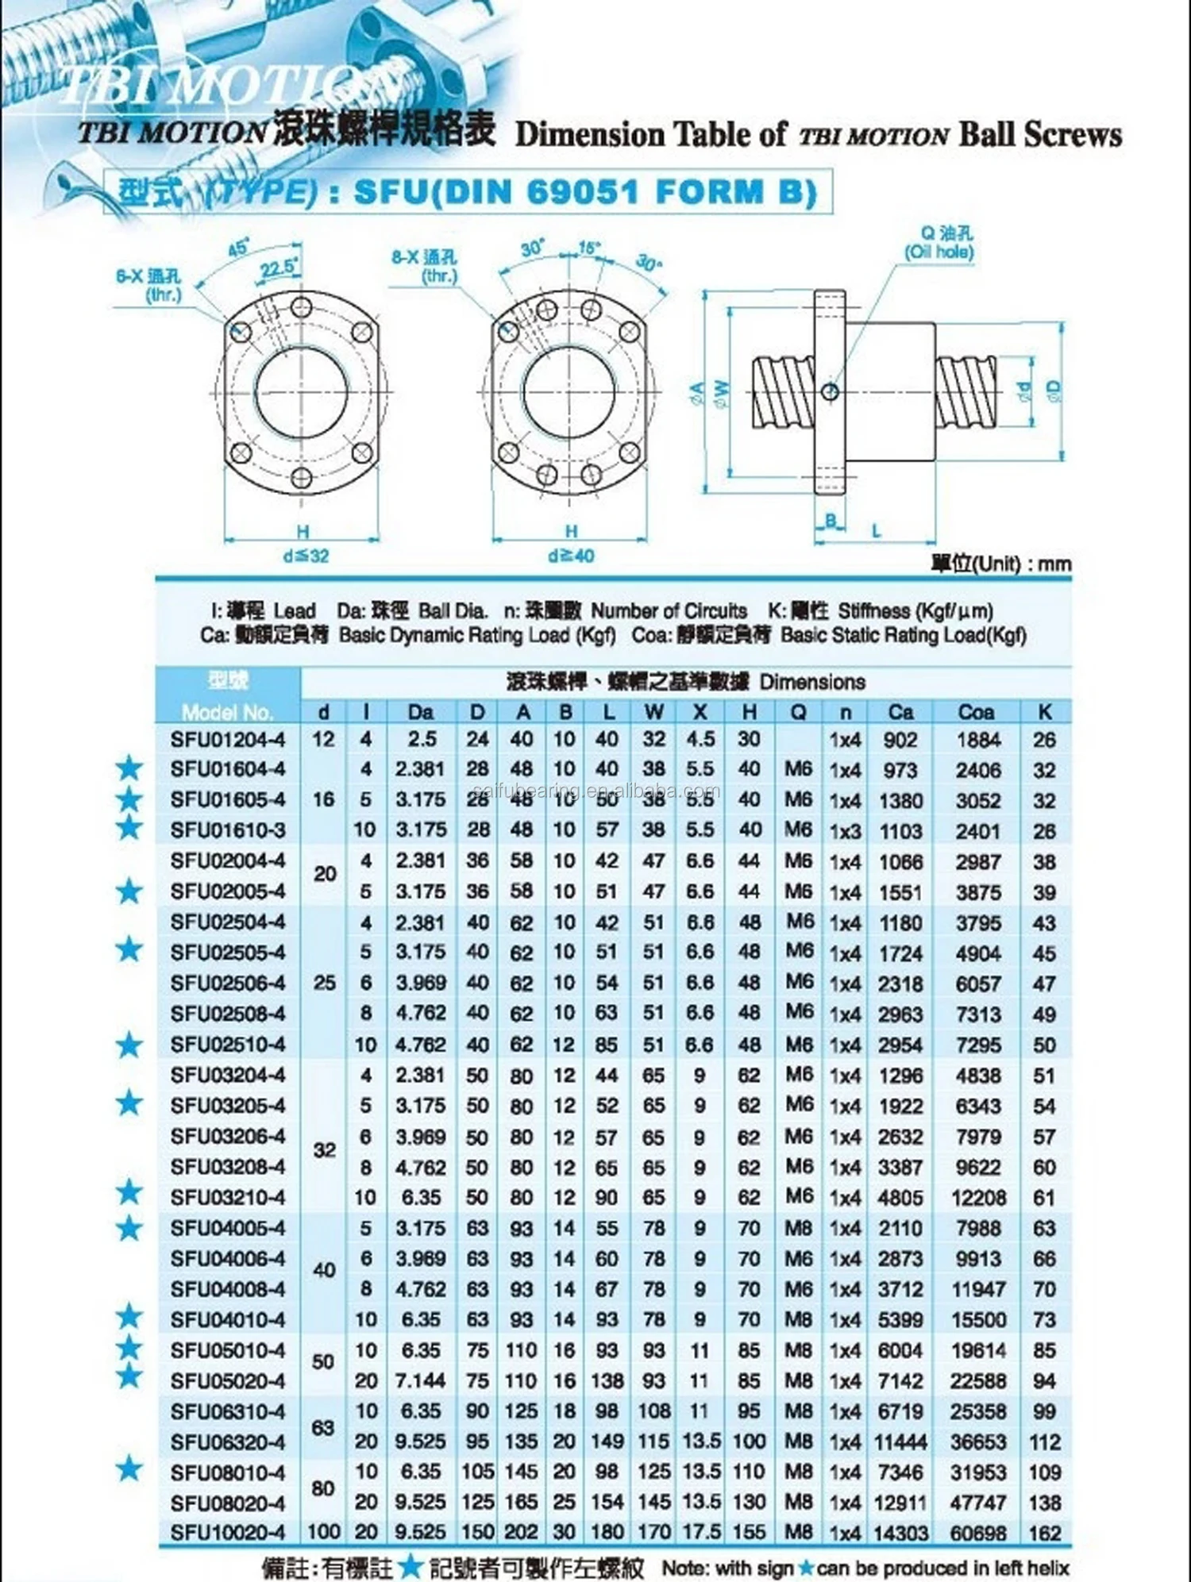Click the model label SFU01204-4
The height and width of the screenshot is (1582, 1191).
(x=227, y=740)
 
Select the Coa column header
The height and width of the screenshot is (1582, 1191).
(x=976, y=711)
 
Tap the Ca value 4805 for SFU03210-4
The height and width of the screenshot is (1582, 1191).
(x=900, y=1197)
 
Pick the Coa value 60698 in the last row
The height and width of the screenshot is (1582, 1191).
(x=978, y=1533)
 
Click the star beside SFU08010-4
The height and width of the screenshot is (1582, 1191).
(x=129, y=1470)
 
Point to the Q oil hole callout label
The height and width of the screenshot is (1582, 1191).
(x=939, y=242)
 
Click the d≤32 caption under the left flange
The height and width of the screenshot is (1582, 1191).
(x=306, y=556)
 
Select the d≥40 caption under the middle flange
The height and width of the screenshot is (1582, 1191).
(x=571, y=556)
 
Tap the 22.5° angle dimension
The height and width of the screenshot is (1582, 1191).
(x=278, y=268)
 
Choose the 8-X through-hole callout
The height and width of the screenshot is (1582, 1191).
(x=425, y=266)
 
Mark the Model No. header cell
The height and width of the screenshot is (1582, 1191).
(x=227, y=711)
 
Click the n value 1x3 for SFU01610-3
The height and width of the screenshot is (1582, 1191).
(x=845, y=831)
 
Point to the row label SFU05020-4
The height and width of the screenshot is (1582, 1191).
(x=227, y=1380)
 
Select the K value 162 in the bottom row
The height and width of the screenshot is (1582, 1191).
(x=1044, y=1533)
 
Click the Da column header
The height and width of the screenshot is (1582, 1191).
(x=421, y=711)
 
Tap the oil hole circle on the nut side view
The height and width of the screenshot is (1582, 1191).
(x=831, y=390)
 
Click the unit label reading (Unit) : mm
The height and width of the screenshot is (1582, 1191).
(x=1001, y=564)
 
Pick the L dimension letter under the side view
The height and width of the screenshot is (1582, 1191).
(x=876, y=529)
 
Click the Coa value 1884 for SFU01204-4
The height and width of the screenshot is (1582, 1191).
(x=978, y=740)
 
